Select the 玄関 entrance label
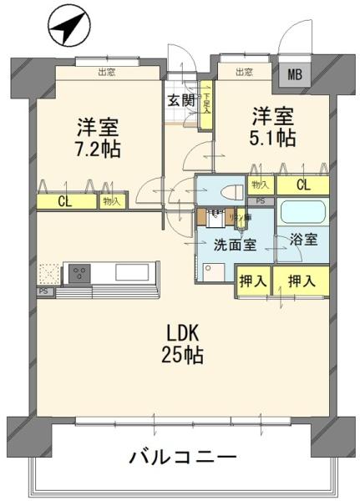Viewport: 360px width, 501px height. click(180, 102)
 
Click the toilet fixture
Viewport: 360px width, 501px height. click(226, 191)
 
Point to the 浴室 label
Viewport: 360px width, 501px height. click(303, 240)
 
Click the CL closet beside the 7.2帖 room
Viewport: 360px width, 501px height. click(65, 200)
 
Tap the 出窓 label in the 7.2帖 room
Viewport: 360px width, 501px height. click(106, 73)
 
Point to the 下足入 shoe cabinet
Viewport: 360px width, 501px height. click(205, 102)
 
